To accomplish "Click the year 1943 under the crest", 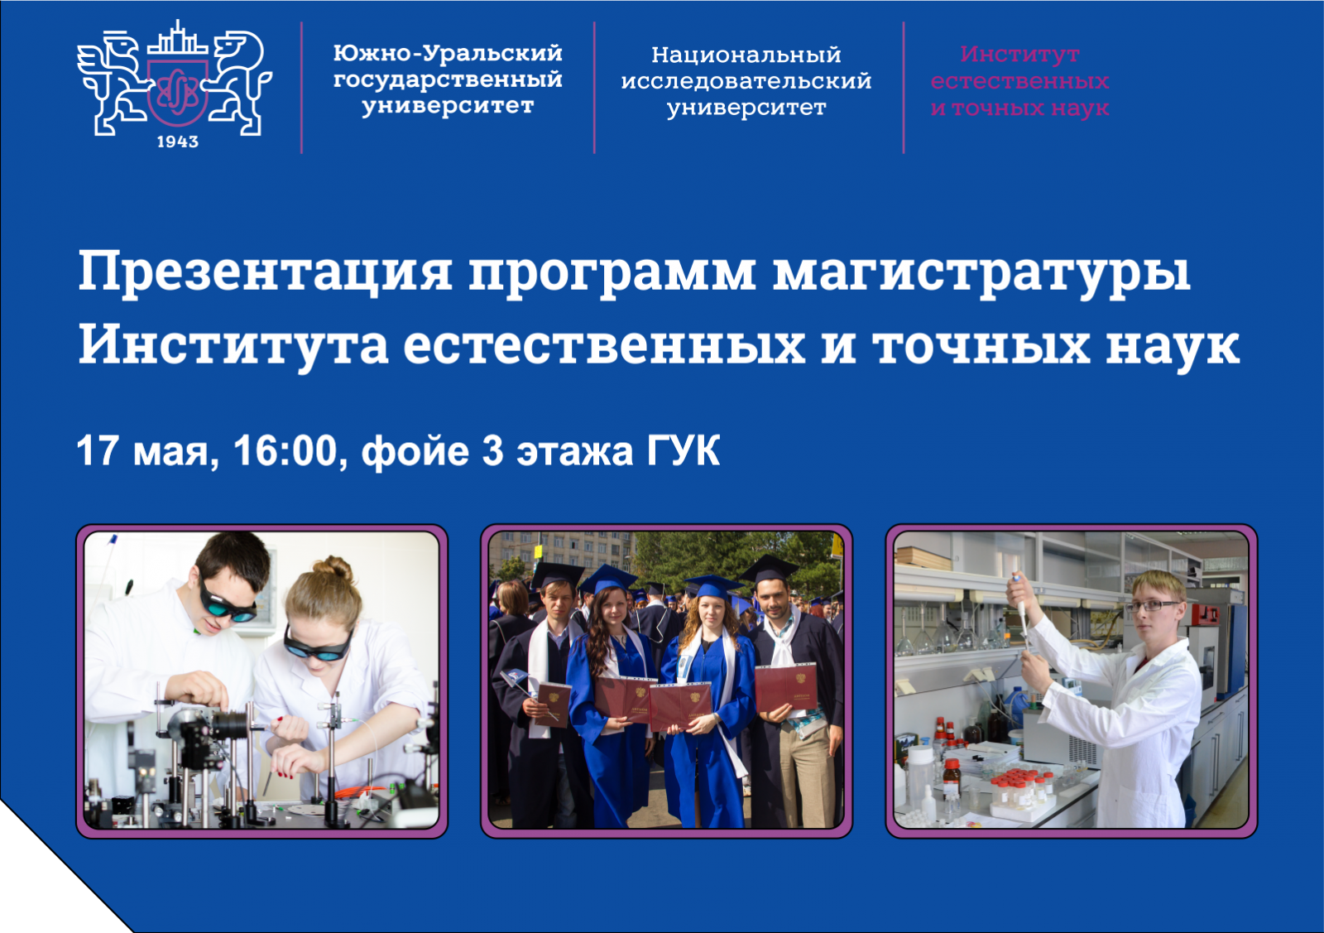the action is coord(177,142).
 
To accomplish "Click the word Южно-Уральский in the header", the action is coord(448,54).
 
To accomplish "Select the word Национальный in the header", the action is coord(746,55).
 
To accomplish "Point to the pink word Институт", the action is coord(1019,54).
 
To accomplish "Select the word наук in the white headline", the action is coord(1173,345).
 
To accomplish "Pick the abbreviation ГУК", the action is coord(683,451).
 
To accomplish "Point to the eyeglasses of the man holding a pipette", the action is coord(1153,605).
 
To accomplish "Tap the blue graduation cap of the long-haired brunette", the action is coord(607,578).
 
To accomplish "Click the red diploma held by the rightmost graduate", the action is coord(785,688).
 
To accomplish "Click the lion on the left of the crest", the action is coord(113,83).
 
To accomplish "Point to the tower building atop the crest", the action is coord(177,39).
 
